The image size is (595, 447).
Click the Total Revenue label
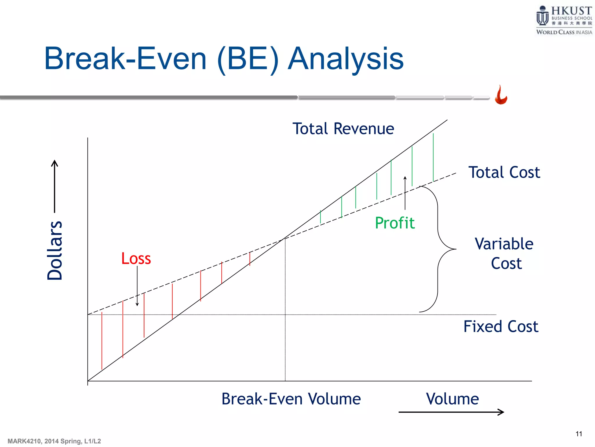343,129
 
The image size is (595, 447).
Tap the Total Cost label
504,172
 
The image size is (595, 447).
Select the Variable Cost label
504,253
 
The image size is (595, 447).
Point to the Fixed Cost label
501,326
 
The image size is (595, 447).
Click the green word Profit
395,223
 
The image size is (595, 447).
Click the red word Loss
136,258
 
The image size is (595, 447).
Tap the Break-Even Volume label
291,399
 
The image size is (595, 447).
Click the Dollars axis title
55,250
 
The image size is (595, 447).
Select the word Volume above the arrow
452,399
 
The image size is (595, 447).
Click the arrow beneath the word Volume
451,412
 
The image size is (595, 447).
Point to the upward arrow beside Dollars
55,186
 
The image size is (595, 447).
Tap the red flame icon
501,95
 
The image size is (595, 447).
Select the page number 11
579,434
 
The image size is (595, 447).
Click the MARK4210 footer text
54,441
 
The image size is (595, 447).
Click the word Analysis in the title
345,59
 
